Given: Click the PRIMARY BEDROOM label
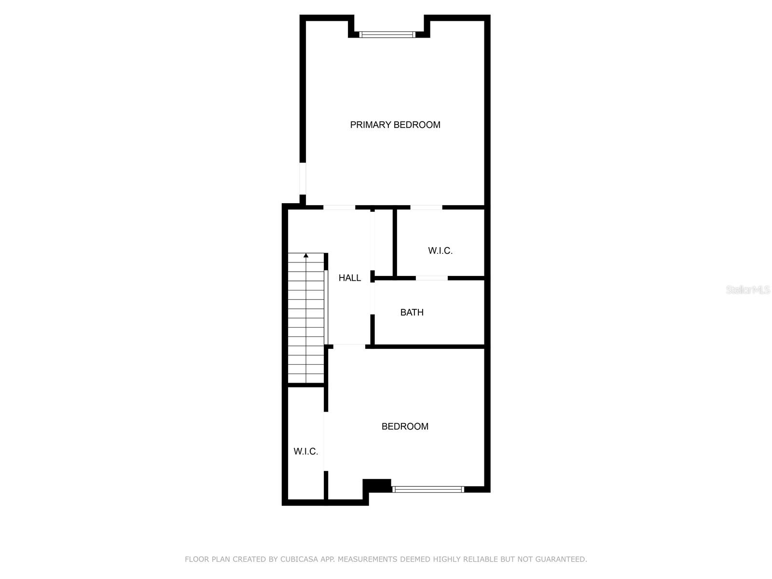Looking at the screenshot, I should point(395,125).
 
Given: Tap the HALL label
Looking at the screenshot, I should point(350,278).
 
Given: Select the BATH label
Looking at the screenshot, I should point(412,313).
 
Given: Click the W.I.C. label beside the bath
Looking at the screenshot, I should point(440,251).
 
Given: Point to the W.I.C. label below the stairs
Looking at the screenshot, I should point(306,452).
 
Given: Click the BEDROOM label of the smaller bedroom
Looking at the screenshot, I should point(405,427).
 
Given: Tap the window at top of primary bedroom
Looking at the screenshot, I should point(387,35).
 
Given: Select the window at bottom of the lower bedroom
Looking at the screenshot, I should point(428,489).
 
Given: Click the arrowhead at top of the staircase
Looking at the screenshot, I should point(306,255).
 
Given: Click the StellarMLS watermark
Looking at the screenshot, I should point(748,290).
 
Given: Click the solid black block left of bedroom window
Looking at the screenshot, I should point(377,485).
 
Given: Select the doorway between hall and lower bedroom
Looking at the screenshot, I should point(349,346).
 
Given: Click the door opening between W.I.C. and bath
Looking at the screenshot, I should point(431,278).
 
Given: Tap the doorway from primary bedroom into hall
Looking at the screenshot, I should point(339,208).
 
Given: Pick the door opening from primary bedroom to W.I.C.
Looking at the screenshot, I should point(426,208).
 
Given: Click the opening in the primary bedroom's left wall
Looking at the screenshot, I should point(303,179).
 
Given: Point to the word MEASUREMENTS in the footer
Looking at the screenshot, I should point(367,559).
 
